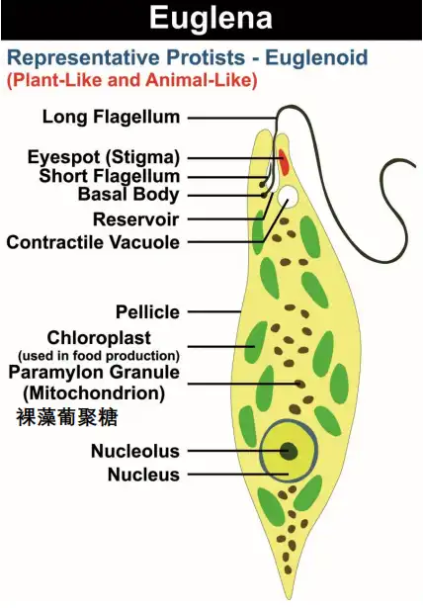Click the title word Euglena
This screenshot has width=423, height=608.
coord(210,18)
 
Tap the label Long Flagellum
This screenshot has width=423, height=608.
coord(111,117)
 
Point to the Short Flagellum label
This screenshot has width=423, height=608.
coord(110,176)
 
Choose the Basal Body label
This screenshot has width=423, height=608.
coord(128,195)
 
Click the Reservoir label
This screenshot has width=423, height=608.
coord(135,218)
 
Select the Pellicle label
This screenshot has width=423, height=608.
coord(147,311)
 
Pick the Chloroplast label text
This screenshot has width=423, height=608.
coord(113,337)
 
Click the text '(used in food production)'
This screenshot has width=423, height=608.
coord(99,355)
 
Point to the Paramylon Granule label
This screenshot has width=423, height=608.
coord(94,373)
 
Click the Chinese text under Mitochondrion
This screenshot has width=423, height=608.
coord(67,416)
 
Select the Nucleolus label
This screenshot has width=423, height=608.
coord(135,451)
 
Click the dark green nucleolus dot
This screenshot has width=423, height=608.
coord(290,452)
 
